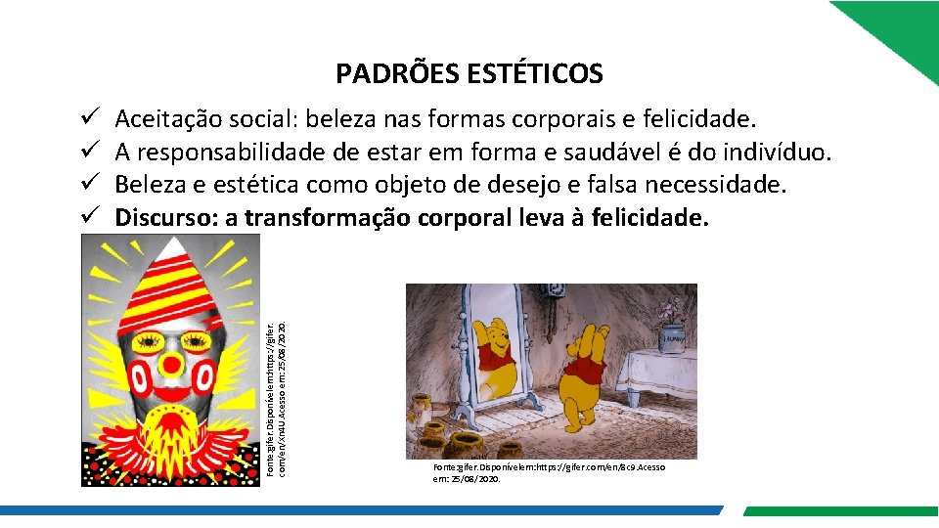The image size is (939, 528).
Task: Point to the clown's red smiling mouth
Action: click(172, 397)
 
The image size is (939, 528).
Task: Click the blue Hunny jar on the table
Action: click(671, 337)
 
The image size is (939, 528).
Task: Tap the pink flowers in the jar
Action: click(670, 310)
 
